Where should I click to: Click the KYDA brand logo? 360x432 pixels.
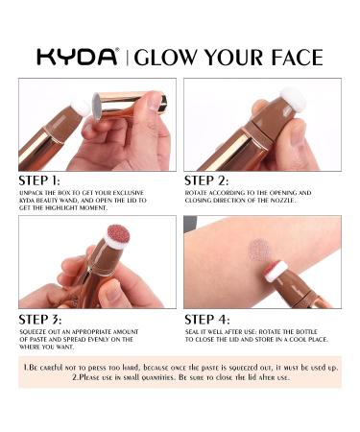[78, 57]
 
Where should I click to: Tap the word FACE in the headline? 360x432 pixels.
[297, 58]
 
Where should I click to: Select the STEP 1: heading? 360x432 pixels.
[39, 180]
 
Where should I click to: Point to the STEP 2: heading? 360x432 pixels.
[206, 180]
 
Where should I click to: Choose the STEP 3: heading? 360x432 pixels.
[40, 320]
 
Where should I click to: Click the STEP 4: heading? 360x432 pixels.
[207, 320]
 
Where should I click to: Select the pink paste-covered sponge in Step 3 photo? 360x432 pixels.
[117, 237]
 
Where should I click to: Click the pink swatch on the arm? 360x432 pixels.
[258, 251]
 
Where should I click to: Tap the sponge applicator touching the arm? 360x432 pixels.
[275, 272]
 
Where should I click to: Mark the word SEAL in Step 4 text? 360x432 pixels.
[192, 332]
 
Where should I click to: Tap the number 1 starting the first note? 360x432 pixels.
[26, 368]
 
